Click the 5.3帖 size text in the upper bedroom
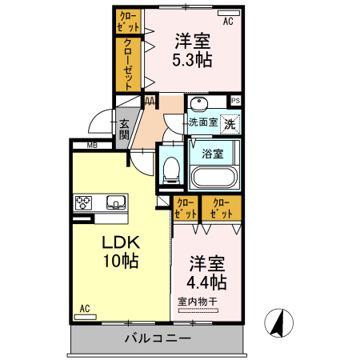[192, 58]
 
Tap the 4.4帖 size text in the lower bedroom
[207, 282]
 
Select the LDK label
[120, 241]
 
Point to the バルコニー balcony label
[158, 339]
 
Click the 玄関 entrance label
[125, 129]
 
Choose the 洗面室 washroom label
[203, 122]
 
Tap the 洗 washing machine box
[230, 124]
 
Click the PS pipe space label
[235, 101]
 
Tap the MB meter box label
[92, 146]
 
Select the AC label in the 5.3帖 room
[228, 21]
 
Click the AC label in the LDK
[85, 308]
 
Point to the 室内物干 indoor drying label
[197, 301]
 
